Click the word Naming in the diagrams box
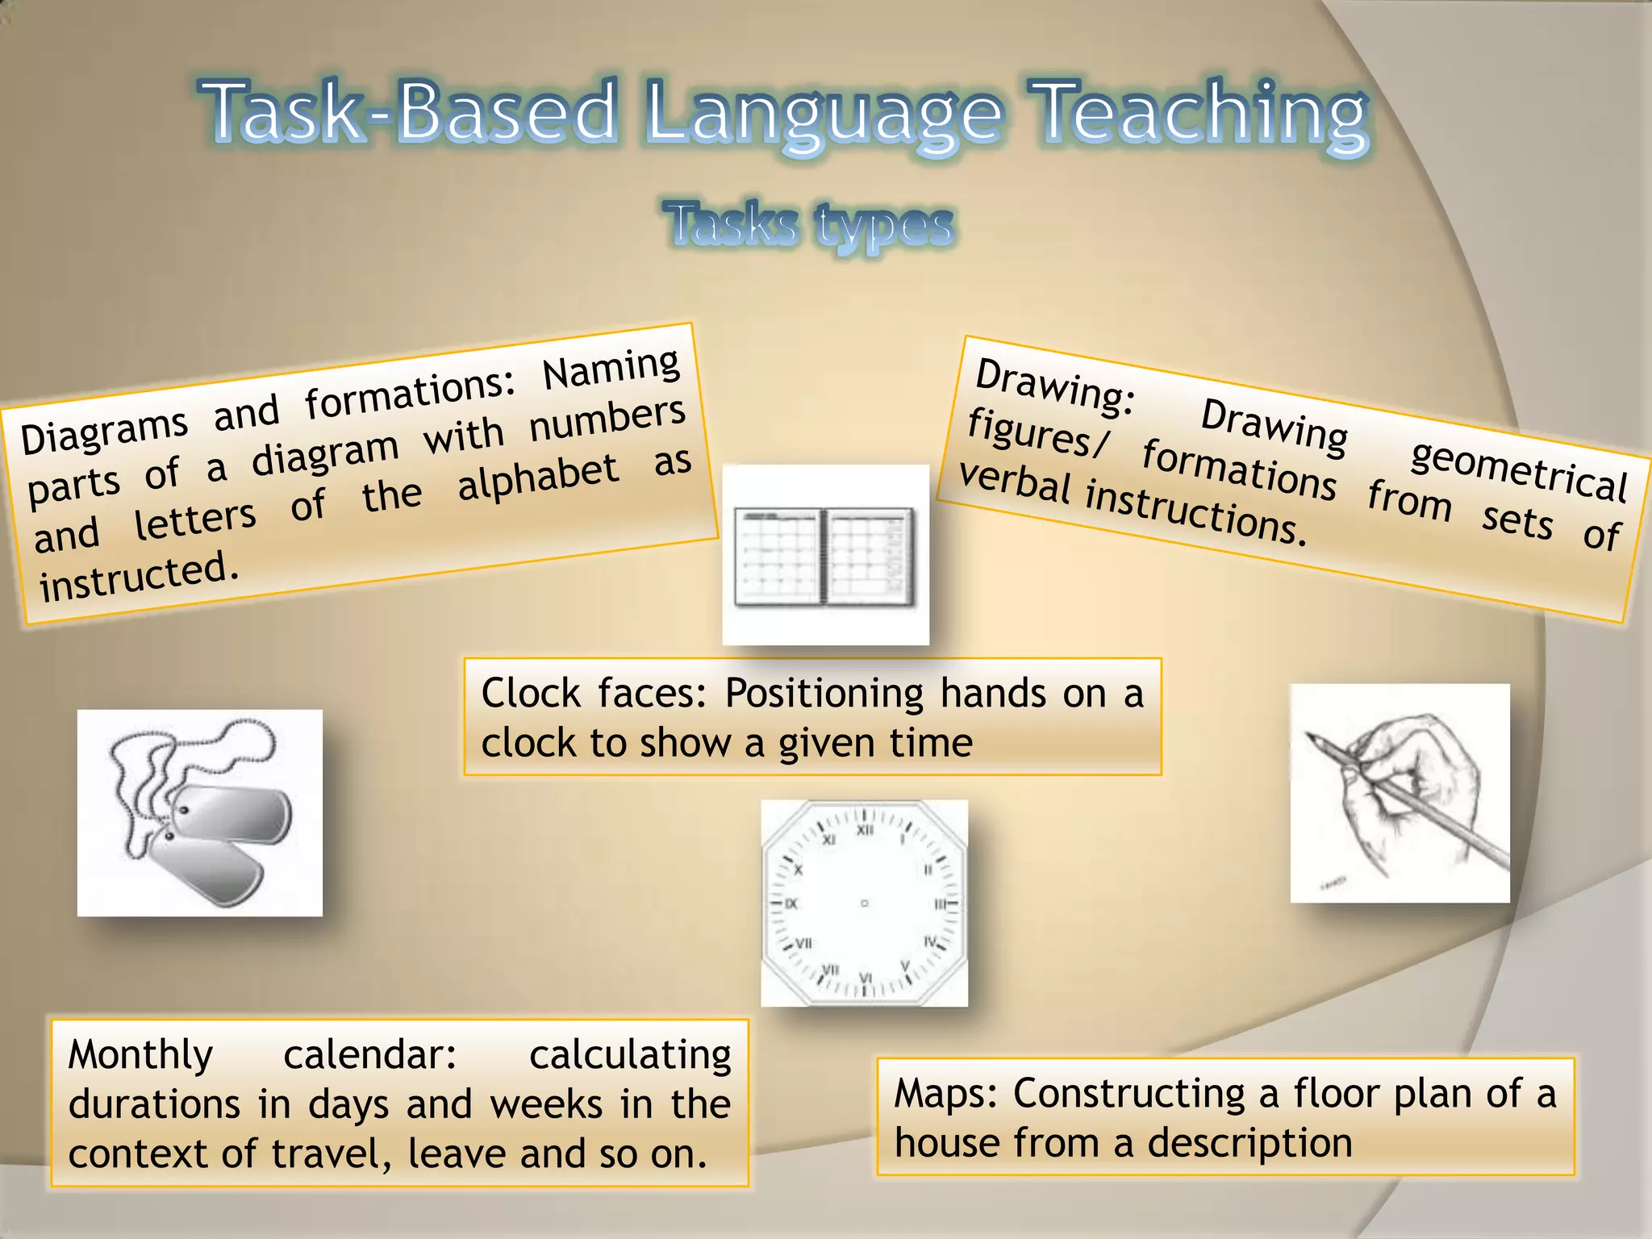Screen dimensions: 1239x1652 pyautogui.click(x=611, y=368)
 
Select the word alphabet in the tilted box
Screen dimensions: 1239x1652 pyautogui.click(x=538, y=477)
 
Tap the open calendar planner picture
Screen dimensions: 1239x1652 pyautogui.click(x=824, y=555)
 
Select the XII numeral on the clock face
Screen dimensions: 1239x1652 pyautogui.click(x=865, y=830)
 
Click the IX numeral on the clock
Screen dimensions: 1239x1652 pyautogui.click(x=791, y=903)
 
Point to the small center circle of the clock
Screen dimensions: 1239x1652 pyautogui.click(x=864, y=903)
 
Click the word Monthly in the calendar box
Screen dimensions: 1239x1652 pyautogui.click(x=140, y=1055)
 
